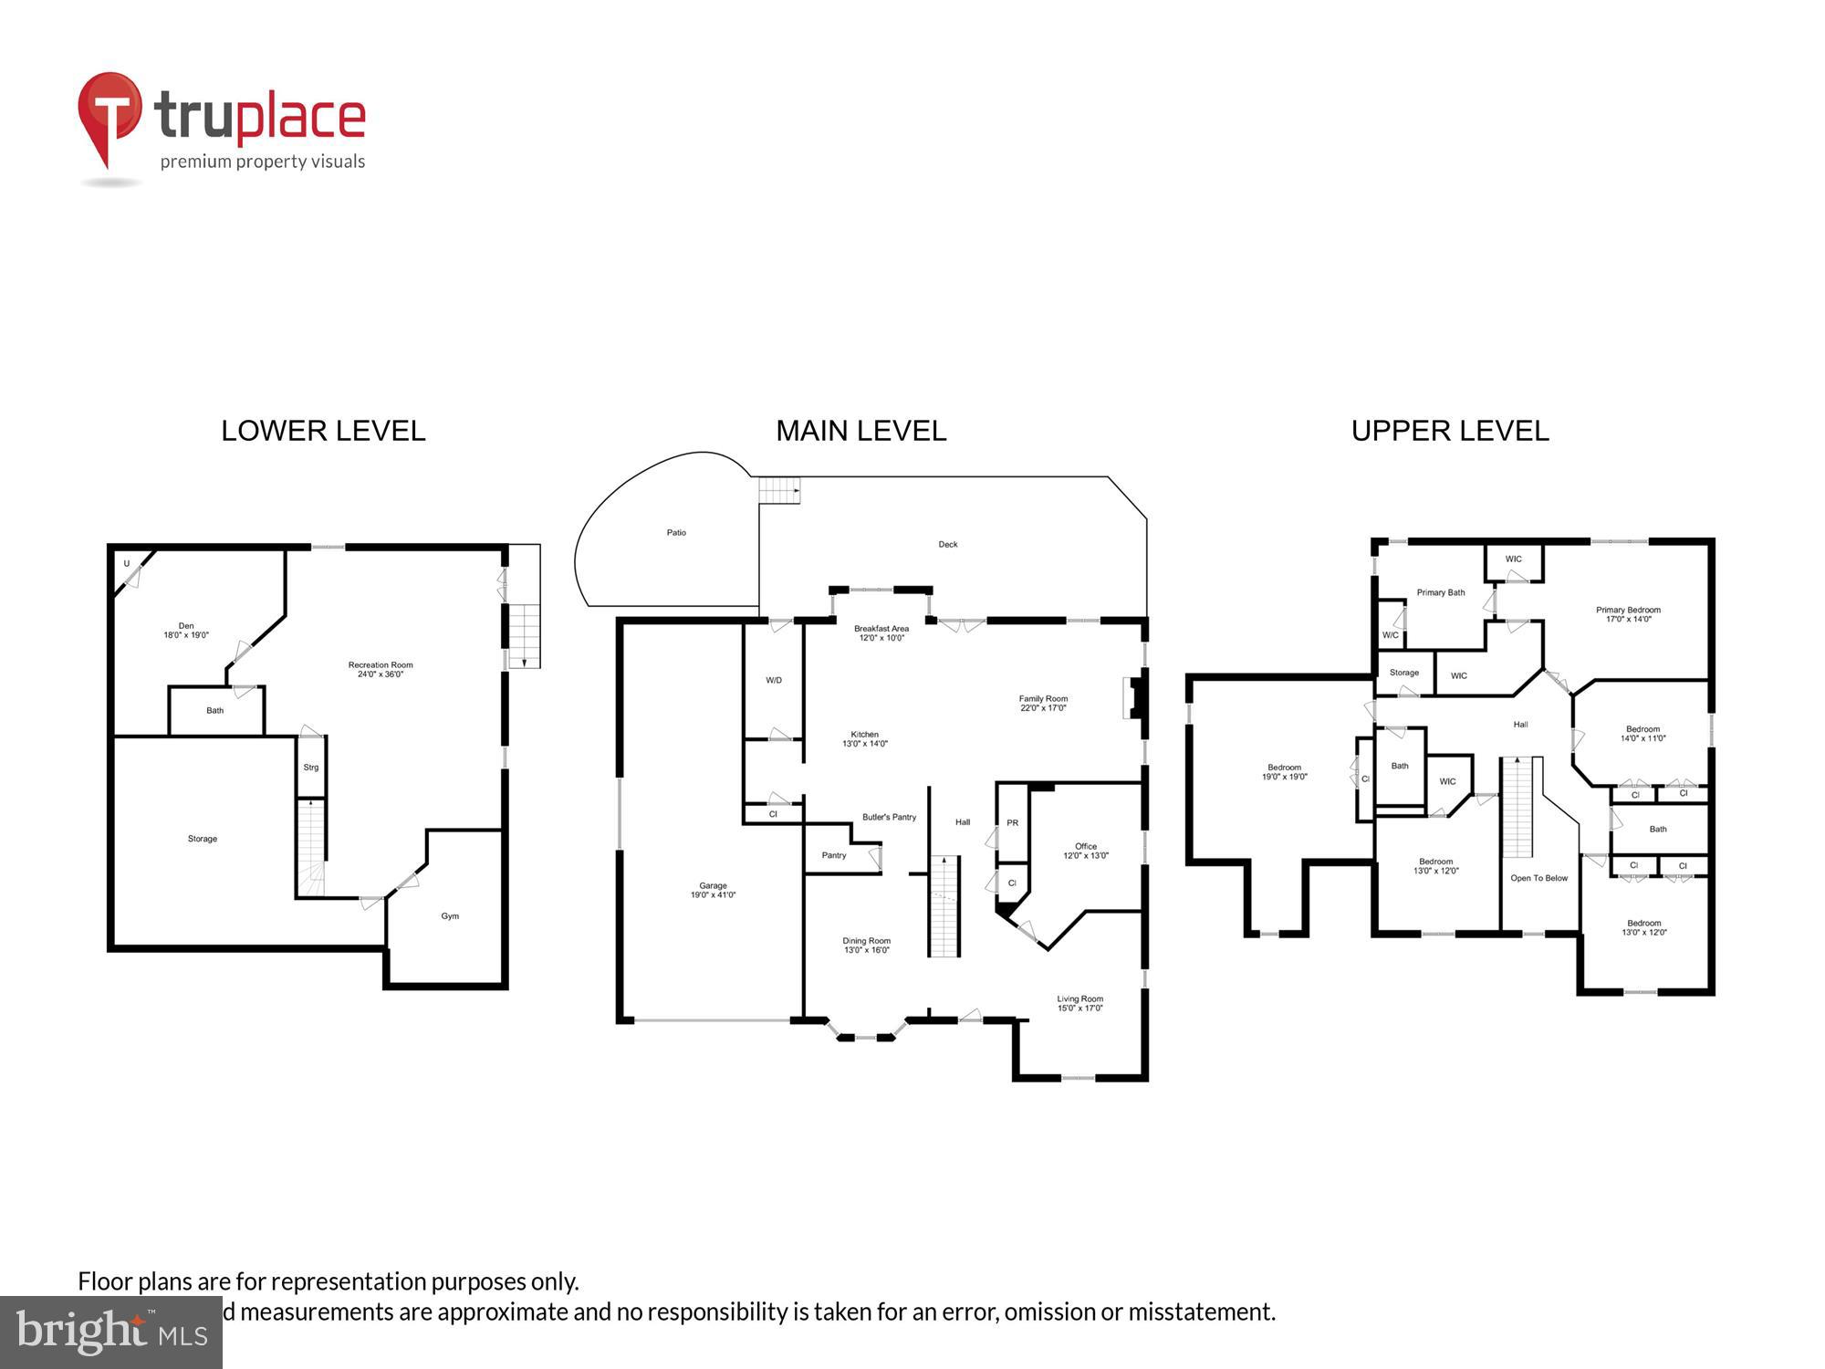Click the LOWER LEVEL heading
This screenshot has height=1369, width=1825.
323,431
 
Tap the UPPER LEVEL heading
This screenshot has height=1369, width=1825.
1449,431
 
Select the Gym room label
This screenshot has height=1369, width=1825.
450,916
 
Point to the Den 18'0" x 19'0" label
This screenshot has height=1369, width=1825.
186,631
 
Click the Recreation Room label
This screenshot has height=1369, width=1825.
381,669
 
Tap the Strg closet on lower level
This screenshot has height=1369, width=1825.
311,768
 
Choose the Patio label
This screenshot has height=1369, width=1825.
676,533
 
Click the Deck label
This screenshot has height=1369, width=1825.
948,545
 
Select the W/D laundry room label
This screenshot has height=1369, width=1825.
774,681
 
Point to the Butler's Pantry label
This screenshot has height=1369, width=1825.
889,818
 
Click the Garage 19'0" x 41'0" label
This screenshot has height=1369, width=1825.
713,890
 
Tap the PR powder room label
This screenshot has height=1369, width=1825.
1012,823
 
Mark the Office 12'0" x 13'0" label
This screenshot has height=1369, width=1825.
1085,851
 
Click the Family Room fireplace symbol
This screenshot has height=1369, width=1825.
1134,698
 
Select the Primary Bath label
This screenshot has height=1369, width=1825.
1440,593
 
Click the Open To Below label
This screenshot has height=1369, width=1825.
1538,879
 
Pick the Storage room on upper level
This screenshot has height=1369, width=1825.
1403,674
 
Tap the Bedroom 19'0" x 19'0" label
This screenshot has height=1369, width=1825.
1284,772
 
